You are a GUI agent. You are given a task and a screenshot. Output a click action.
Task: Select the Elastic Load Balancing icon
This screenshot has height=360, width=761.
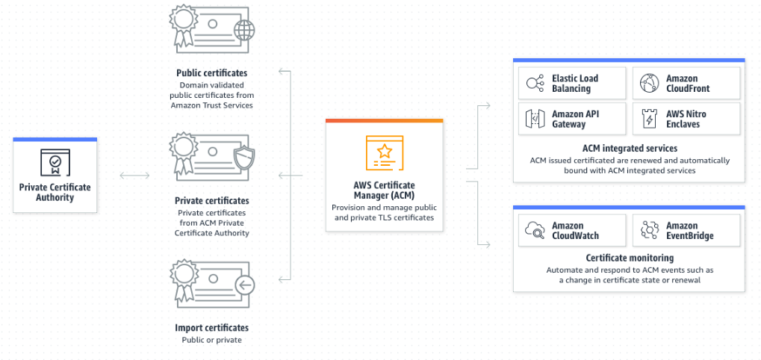[x=534, y=83]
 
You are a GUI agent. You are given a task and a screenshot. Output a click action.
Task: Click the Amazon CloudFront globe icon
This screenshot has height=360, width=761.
[x=648, y=83]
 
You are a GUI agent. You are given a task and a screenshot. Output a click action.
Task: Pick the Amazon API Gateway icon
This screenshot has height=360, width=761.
[x=534, y=119]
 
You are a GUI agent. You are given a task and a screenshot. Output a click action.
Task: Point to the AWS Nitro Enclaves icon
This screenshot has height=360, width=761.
[x=648, y=119]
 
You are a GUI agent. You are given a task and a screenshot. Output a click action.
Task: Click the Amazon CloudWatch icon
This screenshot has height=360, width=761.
[x=534, y=230]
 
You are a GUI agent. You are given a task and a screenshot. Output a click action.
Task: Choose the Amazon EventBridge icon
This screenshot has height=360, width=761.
[x=648, y=230]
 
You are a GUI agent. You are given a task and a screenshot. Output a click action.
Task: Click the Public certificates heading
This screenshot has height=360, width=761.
[x=212, y=73]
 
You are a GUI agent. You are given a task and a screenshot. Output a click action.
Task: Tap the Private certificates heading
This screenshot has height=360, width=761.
[x=212, y=201]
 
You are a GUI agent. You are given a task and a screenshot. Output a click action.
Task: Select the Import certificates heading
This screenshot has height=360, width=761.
[x=212, y=328]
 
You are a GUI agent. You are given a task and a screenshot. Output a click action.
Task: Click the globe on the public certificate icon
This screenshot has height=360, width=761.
[x=243, y=31]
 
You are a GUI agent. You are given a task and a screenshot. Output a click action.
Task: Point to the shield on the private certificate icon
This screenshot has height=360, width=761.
[x=243, y=158]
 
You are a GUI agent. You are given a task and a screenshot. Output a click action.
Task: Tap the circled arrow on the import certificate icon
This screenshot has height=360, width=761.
[x=243, y=285]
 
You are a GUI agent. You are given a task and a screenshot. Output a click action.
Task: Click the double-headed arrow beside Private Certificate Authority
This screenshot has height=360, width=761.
[x=135, y=176]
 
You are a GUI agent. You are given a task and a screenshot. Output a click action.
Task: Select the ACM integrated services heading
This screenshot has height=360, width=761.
[x=630, y=149]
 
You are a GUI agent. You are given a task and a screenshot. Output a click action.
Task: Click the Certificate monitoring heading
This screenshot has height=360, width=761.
[x=630, y=258]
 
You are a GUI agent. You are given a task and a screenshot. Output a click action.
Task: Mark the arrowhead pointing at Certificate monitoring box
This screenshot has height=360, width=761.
[x=488, y=243]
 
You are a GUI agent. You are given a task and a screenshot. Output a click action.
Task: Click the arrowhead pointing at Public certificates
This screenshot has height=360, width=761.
[x=281, y=72]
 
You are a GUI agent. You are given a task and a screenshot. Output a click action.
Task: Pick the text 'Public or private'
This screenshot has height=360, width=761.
[x=212, y=340]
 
